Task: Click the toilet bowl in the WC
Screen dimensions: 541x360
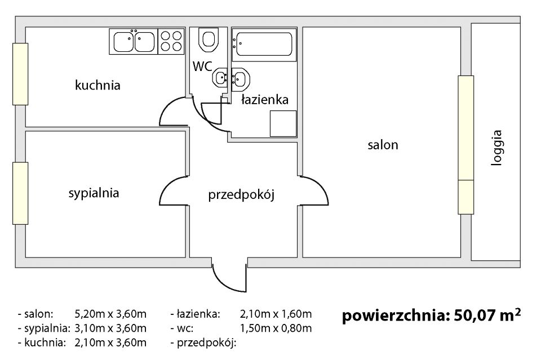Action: pos(209,40)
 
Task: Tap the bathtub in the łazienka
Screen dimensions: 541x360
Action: pos(264,44)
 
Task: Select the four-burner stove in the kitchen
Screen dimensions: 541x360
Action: pos(171,41)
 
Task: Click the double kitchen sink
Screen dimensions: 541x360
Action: pos(134,41)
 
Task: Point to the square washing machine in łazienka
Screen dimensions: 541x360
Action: pos(283,123)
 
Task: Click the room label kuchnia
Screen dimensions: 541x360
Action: pos(97,85)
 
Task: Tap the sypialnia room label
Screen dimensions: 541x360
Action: pos(94,193)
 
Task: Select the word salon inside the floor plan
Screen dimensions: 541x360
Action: pos(383,145)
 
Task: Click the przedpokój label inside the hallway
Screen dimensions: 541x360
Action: pos(241,195)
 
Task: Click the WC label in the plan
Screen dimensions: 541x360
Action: pos(202,66)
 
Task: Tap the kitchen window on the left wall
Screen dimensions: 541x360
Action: pos(20,74)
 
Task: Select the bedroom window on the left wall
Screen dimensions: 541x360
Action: pos(20,193)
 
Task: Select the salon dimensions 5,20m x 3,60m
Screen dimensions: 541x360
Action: pos(110,314)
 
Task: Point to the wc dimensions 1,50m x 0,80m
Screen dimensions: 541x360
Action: pos(276,328)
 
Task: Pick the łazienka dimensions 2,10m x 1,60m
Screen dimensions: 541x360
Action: pos(276,314)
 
